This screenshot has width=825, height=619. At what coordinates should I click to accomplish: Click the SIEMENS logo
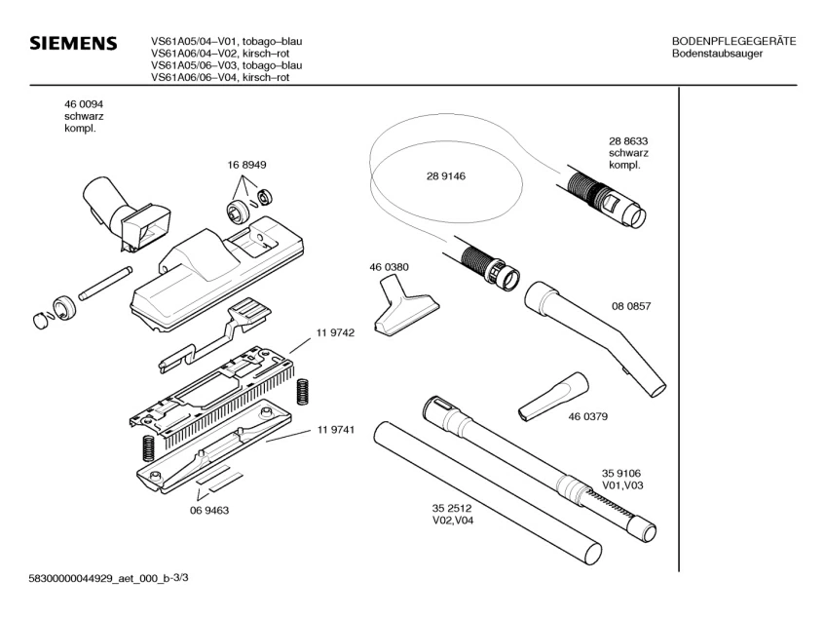pos(72,44)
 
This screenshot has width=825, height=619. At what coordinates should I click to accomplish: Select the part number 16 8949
pos(247,167)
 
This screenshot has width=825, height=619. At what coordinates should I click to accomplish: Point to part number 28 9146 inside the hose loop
pos(445,176)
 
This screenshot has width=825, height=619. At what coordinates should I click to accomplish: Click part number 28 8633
pos(628,140)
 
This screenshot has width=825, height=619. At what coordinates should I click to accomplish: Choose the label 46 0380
pos(388,267)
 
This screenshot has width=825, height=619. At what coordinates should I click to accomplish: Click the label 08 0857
pos(631,306)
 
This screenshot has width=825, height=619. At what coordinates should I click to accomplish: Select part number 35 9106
pos(620,472)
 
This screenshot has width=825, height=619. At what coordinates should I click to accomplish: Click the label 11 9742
pos(334,332)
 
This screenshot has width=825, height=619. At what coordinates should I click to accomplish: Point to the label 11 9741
pos(334,430)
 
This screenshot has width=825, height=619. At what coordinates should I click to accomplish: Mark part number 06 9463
pos(208,510)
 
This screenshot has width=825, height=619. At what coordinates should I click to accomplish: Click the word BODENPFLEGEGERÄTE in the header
pos(733,41)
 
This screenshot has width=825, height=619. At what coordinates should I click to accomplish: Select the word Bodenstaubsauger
pos(717,54)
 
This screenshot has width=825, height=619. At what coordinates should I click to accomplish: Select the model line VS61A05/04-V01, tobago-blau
pos(226,41)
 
